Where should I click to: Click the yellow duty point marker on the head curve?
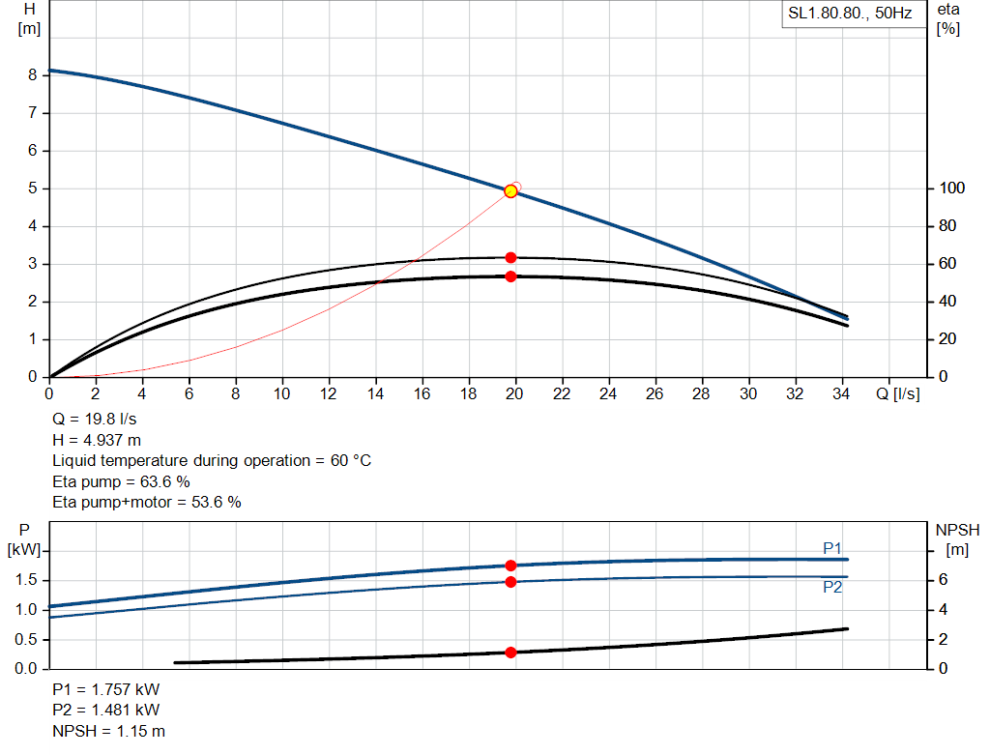coord(510,191)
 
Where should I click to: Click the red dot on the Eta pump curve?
coord(510,257)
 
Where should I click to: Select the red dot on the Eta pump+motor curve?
coord(510,276)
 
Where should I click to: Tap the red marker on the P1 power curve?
coord(510,566)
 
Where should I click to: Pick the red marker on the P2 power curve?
coord(510,581)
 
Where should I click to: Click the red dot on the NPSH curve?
coord(510,653)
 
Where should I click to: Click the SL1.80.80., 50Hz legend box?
coord(850,15)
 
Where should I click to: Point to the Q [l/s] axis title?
coord(898,394)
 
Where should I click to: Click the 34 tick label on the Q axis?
coord(841,394)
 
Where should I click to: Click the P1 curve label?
coord(832,549)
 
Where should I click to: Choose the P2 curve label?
coord(832,587)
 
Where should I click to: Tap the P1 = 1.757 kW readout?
coord(106,690)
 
